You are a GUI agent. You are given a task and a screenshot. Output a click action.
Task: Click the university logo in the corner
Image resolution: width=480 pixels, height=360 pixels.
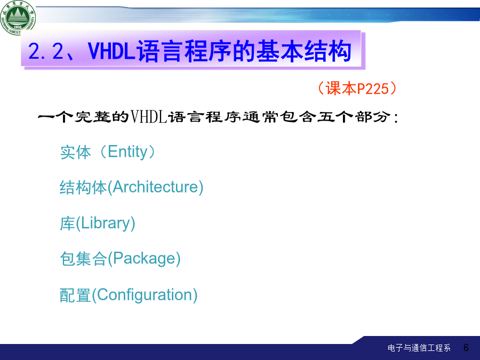(18, 17)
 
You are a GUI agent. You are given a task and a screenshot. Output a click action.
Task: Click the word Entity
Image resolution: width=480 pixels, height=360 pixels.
(127, 152)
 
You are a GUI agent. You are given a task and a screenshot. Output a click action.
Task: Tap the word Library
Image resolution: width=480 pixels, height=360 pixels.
(106, 223)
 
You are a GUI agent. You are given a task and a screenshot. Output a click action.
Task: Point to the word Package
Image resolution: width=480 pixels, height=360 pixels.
(144, 259)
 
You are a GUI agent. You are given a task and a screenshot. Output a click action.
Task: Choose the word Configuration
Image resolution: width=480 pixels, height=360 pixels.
(145, 295)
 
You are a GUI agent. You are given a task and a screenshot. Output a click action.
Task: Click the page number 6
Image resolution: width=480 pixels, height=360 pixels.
(466, 347)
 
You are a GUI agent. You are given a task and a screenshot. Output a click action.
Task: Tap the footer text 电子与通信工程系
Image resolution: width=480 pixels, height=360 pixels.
(419, 348)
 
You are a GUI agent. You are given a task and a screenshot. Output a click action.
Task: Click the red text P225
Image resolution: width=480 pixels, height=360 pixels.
(373, 89)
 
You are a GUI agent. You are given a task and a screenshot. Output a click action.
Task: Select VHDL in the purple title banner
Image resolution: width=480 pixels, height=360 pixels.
(111, 51)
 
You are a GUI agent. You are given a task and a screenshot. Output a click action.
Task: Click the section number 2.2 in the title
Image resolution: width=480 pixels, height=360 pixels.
(46, 51)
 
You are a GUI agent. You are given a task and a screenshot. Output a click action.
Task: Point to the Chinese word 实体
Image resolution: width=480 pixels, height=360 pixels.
(75, 152)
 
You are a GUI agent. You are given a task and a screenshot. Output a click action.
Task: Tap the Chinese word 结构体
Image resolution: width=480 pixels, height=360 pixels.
(83, 187)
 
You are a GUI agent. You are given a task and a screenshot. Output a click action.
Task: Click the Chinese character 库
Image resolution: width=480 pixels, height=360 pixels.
(68, 223)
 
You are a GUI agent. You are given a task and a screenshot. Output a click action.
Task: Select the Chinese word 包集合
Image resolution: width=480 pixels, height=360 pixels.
(83, 259)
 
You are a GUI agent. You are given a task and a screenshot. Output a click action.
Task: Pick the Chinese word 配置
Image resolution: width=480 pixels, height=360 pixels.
(75, 295)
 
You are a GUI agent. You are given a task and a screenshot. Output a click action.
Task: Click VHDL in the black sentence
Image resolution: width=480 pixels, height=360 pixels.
(149, 117)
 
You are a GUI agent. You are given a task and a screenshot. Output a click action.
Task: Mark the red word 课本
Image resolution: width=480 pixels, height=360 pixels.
(341, 89)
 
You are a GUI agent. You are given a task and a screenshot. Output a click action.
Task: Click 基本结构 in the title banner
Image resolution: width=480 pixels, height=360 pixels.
(303, 51)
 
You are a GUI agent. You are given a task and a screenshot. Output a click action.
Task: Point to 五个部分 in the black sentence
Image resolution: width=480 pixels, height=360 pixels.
(354, 117)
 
